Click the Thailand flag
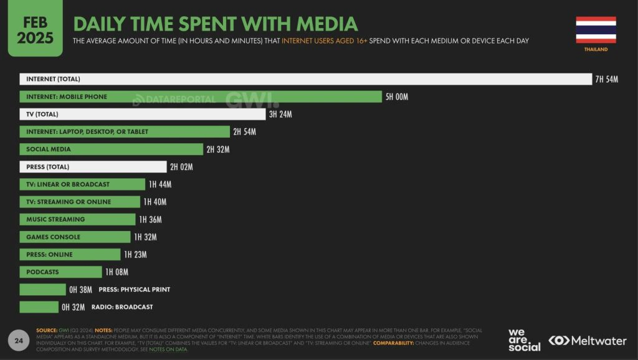pos(596,29)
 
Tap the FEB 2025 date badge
pos(35,30)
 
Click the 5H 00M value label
pos(397,97)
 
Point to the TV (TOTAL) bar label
pos(42,114)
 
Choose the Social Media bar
pos(111,149)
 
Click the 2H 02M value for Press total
pos(181,167)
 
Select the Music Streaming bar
pos(77,219)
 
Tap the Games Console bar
pos(75,237)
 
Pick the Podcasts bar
pos(60,272)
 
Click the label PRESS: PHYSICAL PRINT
pos(134,290)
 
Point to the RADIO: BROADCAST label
pos(122,307)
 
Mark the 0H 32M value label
pos(74,307)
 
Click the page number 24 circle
pos(19,340)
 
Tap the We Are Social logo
pos(524,339)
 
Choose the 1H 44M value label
pos(159,184)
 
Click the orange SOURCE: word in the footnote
pos(47,330)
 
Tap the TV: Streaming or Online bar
pos(80,202)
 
